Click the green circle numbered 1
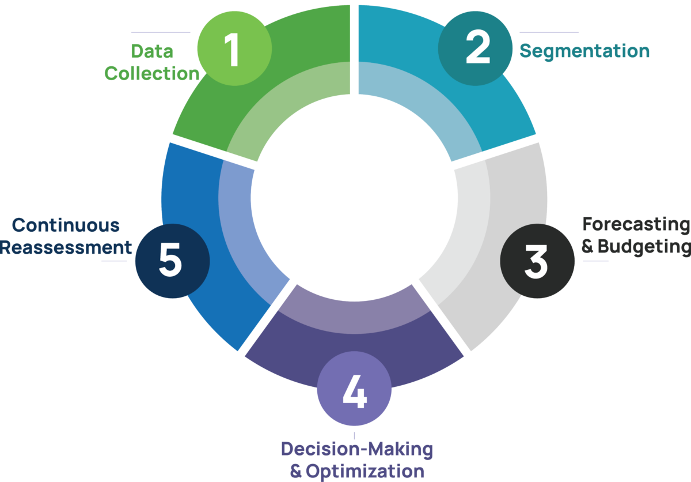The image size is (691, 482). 234,49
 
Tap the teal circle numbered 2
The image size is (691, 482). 476,49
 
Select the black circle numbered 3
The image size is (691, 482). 537,261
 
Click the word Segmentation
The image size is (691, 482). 584,51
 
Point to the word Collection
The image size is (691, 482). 152,74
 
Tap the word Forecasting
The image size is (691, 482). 636,224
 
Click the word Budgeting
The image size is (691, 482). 644,247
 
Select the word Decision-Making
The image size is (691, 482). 357,449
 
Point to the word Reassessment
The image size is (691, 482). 66,247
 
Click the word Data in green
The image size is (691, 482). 152,51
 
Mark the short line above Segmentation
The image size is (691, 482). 549,32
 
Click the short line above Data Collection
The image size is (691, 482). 160,32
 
